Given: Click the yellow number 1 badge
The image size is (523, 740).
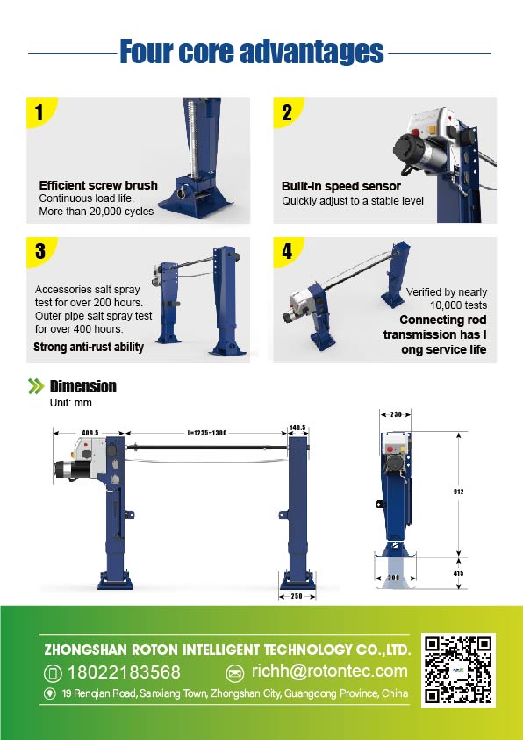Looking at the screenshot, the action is [x=39, y=111].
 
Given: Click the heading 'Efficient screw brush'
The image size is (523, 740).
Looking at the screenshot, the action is [x=98, y=185].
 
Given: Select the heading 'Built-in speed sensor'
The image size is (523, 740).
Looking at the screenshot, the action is [x=341, y=186].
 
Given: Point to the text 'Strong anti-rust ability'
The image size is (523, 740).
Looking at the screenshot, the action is [x=89, y=348].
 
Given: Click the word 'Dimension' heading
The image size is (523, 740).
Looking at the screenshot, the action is [x=83, y=386].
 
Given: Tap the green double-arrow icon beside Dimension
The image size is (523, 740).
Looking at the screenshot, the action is [x=36, y=386].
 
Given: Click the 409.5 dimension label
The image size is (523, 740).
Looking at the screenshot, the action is [x=90, y=432].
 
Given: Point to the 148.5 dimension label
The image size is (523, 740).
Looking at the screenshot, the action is [x=298, y=427].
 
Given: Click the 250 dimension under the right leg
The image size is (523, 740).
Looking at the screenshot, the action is [x=297, y=596].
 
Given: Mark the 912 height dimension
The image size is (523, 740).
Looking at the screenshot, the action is [x=459, y=492].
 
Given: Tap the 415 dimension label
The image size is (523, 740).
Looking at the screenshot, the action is [x=458, y=573].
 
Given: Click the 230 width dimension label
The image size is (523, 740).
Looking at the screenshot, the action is [x=396, y=414].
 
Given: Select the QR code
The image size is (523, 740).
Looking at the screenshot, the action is [x=458, y=670].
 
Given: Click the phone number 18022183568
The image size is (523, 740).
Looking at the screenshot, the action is [x=124, y=672].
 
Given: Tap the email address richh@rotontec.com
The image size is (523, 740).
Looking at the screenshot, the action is [x=330, y=672].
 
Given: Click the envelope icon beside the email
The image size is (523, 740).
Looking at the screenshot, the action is [x=235, y=673].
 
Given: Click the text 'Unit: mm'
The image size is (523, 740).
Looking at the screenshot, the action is [x=71, y=403].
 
